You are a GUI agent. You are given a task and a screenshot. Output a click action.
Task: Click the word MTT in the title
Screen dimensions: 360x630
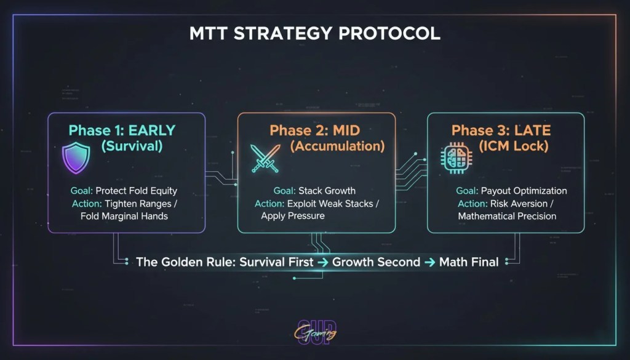tap(207, 33)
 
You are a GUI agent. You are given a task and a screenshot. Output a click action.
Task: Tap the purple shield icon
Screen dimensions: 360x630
tap(76, 158)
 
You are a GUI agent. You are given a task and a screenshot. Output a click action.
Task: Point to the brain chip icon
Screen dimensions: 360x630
tap(453, 159)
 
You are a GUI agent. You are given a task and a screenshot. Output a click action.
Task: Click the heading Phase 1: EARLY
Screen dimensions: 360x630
tap(122, 130)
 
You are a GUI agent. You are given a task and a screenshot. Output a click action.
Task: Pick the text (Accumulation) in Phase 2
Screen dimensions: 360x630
tap(337, 146)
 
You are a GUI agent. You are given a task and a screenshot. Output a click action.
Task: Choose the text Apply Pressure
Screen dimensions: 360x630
tap(293, 216)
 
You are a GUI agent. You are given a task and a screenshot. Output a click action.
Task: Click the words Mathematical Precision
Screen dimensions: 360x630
tap(507, 216)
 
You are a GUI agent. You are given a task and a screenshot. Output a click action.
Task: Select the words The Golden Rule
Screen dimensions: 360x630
tap(185, 262)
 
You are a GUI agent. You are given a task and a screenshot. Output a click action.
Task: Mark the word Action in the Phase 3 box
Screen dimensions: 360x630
tap(471, 204)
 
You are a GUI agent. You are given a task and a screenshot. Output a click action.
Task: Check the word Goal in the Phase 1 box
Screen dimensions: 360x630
tap(82, 191)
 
